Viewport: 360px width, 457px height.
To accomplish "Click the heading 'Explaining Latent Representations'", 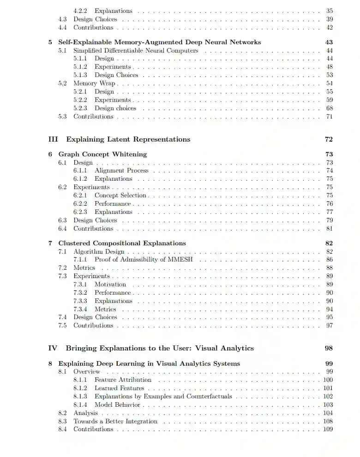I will click(x=128, y=139).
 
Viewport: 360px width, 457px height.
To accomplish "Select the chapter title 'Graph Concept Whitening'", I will click(x=102, y=154).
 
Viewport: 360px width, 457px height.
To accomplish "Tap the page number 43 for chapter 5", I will click(x=329, y=42).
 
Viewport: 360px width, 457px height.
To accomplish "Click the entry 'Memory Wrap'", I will click(x=94, y=83).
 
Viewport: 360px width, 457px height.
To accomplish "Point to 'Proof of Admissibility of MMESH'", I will click(x=144, y=260).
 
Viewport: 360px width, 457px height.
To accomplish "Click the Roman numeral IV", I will click(x=53, y=348).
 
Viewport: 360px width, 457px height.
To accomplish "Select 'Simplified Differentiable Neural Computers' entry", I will click(x=136, y=50).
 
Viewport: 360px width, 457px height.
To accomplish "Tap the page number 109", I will click(x=328, y=429).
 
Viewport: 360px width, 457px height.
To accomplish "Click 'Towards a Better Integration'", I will click(x=115, y=421).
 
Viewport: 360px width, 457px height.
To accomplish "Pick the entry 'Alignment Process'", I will click(x=121, y=171).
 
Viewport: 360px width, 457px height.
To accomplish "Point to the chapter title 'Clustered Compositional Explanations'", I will click(x=122, y=243).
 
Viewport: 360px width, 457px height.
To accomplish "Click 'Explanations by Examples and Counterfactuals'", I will click(x=163, y=396).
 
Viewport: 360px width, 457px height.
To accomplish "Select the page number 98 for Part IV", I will click(x=329, y=348).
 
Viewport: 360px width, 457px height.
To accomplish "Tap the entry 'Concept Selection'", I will click(x=120, y=196).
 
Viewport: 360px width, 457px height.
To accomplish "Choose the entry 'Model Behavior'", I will click(x=117, y=404).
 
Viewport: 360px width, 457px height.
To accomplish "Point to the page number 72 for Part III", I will click(x=329, y=139).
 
